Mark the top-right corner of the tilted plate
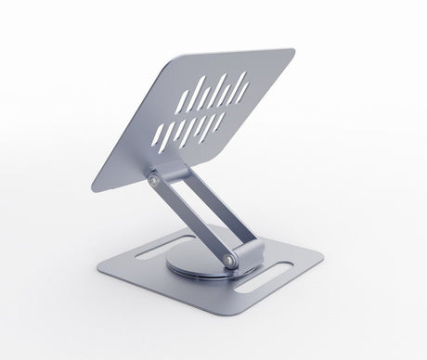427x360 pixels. click(291, 52)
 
